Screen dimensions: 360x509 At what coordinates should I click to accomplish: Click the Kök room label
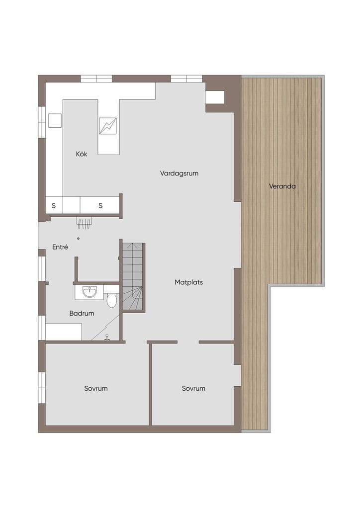tap(82, 154)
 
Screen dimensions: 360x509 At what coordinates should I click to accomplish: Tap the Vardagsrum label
tap(179, 173)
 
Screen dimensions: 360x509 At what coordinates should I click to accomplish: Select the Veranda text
tap(282, 186)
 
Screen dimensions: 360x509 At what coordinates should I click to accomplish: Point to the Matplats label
tap(188, 282)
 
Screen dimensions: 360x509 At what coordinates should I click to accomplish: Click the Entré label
tap(60, 247)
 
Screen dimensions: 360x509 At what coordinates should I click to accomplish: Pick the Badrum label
tap(82, 313)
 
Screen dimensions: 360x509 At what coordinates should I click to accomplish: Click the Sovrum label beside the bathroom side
tap(96, 389)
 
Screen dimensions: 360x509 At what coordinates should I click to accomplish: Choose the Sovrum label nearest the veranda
tap(193, 389)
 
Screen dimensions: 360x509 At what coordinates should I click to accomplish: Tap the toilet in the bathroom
tap(112, 300)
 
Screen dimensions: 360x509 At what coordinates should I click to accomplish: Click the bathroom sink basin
tap(90, 291)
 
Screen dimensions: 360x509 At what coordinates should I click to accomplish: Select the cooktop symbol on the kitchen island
tap(108, 126)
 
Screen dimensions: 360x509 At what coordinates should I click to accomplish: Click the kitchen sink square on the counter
tap(55, 120)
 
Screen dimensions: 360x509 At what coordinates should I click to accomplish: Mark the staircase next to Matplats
tap(133, 277)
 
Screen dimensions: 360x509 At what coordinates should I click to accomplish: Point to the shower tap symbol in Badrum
tap(107, 338)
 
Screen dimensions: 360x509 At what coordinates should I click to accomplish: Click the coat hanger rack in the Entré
tap(85, 223)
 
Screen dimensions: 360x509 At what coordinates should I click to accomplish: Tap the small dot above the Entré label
tap(78, 239)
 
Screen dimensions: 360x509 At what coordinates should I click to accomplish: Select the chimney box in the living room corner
tap(215, 97)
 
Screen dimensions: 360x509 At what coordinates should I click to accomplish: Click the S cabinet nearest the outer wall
tap(54, 205)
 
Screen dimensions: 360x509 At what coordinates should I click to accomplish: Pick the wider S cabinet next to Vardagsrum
tap(100, 205)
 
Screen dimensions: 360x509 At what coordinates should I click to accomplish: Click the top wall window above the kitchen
tap(96, 79)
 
